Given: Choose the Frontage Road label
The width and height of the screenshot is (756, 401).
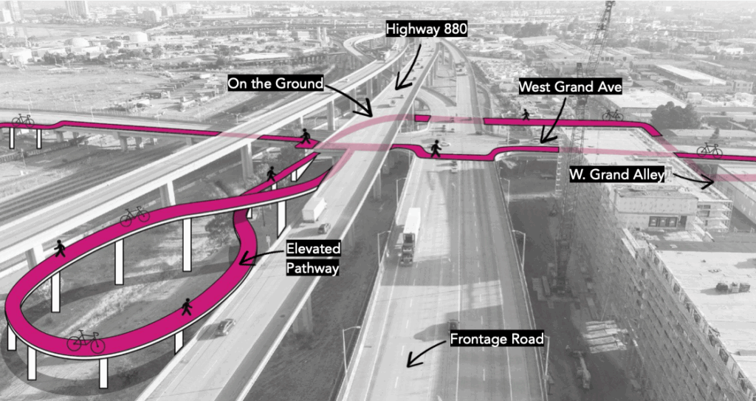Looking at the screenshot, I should [x=496, y=340].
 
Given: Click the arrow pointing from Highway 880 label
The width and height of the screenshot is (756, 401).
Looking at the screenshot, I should [x=405, y=63].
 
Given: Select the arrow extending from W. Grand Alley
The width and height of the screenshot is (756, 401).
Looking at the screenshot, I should [x=693, y=179].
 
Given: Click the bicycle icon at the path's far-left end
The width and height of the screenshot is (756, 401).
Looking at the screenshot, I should [x=23, y=119].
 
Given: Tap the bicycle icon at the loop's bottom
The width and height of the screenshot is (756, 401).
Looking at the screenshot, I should [x=86, y=341].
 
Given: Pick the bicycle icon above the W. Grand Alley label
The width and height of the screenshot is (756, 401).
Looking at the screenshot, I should [x=709, y=150].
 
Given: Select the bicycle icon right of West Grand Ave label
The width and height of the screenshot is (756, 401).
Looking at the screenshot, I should [x=612, y=114].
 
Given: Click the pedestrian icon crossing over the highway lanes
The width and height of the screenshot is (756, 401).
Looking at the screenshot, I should [x=436, y=148].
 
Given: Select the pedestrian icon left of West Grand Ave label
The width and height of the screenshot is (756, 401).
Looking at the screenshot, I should [x=526, y=114].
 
